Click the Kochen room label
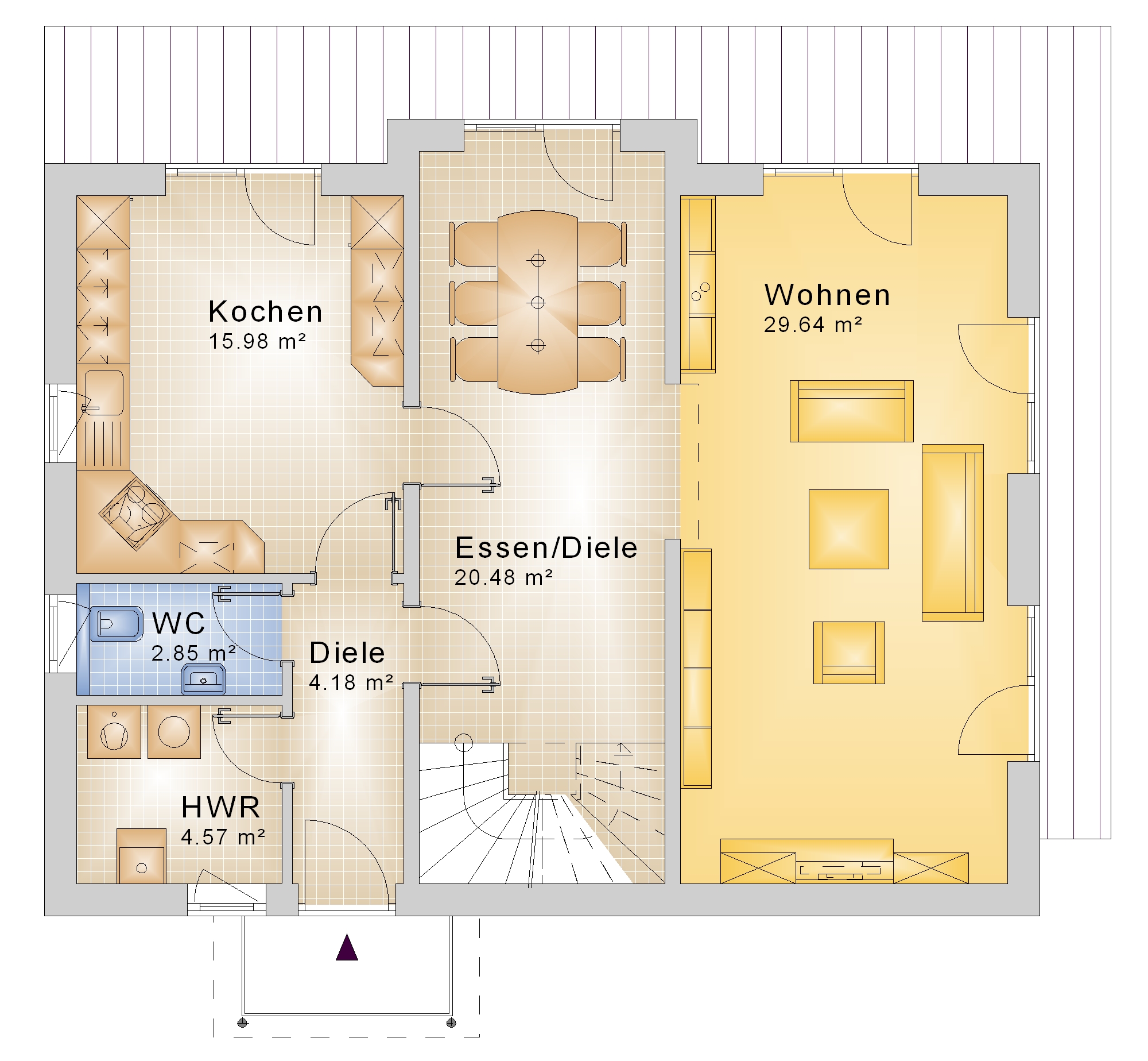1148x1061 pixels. [x=265, y=311]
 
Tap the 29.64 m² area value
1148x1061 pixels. [x=813, y=325]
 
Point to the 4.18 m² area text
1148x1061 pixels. [x=351, y=682]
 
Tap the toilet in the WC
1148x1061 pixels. [x=116, y=623]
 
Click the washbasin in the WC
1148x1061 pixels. [x=204, y=679]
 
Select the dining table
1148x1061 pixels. [x=538, y=302]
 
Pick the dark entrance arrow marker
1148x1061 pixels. [x=347, y=947]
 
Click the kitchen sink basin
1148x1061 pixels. [x=104, y=392]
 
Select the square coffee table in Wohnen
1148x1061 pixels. [x=848, y=529]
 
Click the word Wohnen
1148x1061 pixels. [x=827, y=295]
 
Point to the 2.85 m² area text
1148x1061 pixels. [x=193, y=653]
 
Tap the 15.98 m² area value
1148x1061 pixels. [x=257, y=341]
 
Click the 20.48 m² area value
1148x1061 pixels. [x=503, y=577]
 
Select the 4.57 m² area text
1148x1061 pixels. [x=223, y=837]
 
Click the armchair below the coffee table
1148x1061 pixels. [x=848, y=653]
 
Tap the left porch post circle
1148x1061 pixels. [x=242, y=1023]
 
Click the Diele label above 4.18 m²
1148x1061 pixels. [x=347, y=653]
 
